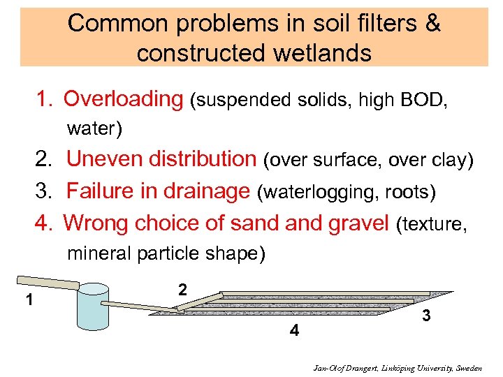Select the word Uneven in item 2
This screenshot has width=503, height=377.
[x=101, y=159]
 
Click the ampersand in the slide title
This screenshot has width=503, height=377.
[x=433, y=23]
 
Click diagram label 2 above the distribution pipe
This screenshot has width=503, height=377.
[x=182, y=288]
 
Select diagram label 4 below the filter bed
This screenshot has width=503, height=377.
[x=294, y=331]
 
